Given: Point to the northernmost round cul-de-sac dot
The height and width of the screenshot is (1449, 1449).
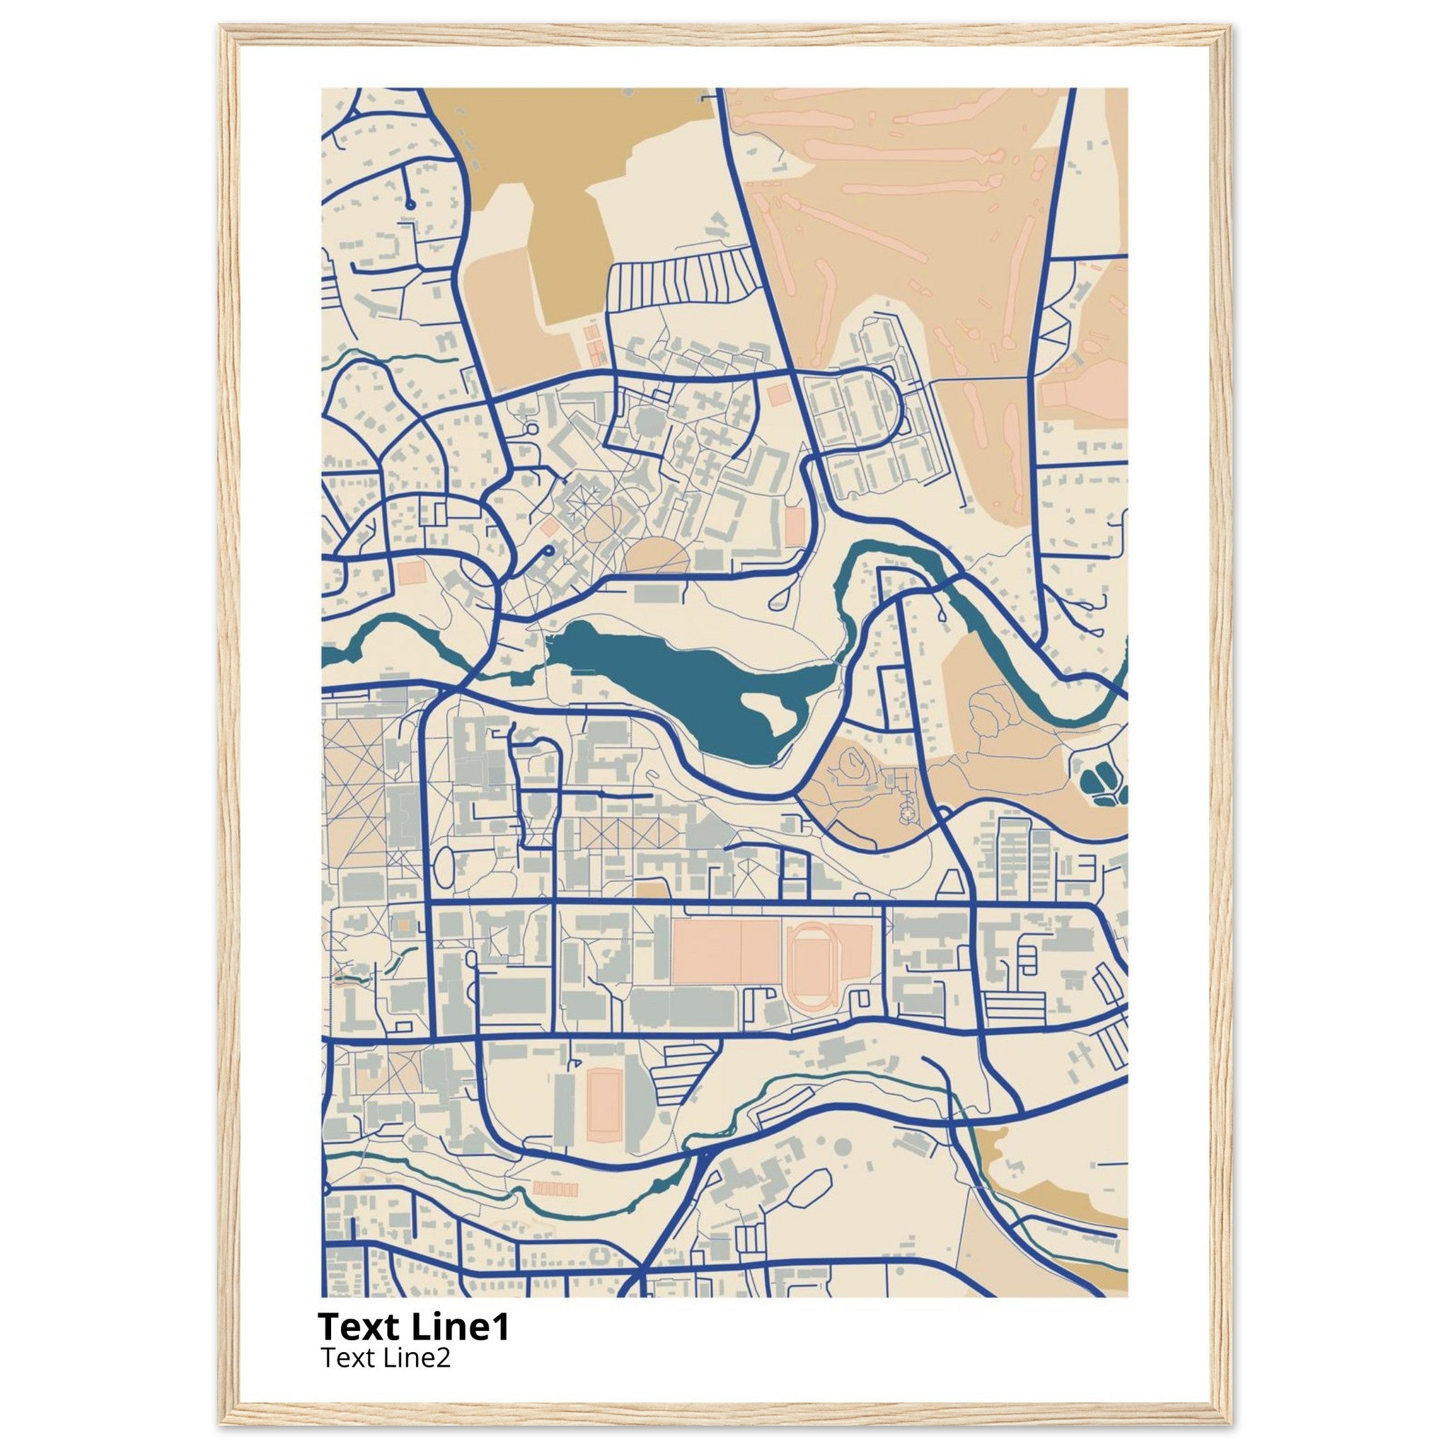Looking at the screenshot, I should pos(410,204).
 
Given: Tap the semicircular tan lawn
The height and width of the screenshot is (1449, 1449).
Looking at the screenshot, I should pos(657,559).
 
